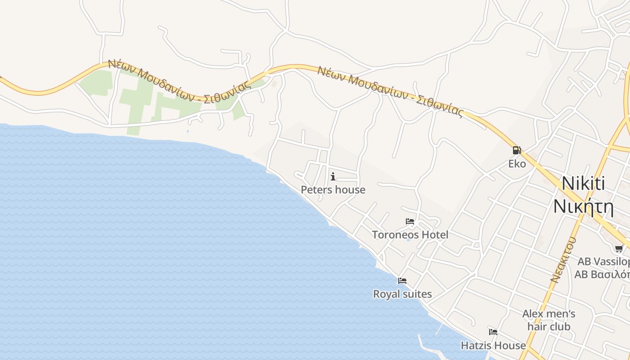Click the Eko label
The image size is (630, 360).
(517, 164)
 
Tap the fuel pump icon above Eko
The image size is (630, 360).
(517, 150)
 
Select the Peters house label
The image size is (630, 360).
(333, 190)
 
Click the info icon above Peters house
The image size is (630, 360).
(333, 176)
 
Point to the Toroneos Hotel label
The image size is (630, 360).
(410, 234)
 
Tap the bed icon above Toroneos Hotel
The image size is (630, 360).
(410, 221)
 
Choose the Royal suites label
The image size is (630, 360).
(402, 294)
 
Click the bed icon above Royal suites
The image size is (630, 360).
(402, 281)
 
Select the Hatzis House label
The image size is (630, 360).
(493, 346)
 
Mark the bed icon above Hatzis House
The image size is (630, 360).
(493, 332)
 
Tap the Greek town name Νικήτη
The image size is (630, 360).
(583, 206)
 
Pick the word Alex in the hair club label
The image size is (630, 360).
(533, 314)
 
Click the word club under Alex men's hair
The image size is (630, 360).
(560, 327)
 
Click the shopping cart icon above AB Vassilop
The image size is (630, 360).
(620, 248)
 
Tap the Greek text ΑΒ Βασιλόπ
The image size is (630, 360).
(602, 274)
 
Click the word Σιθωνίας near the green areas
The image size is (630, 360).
(227, 92)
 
